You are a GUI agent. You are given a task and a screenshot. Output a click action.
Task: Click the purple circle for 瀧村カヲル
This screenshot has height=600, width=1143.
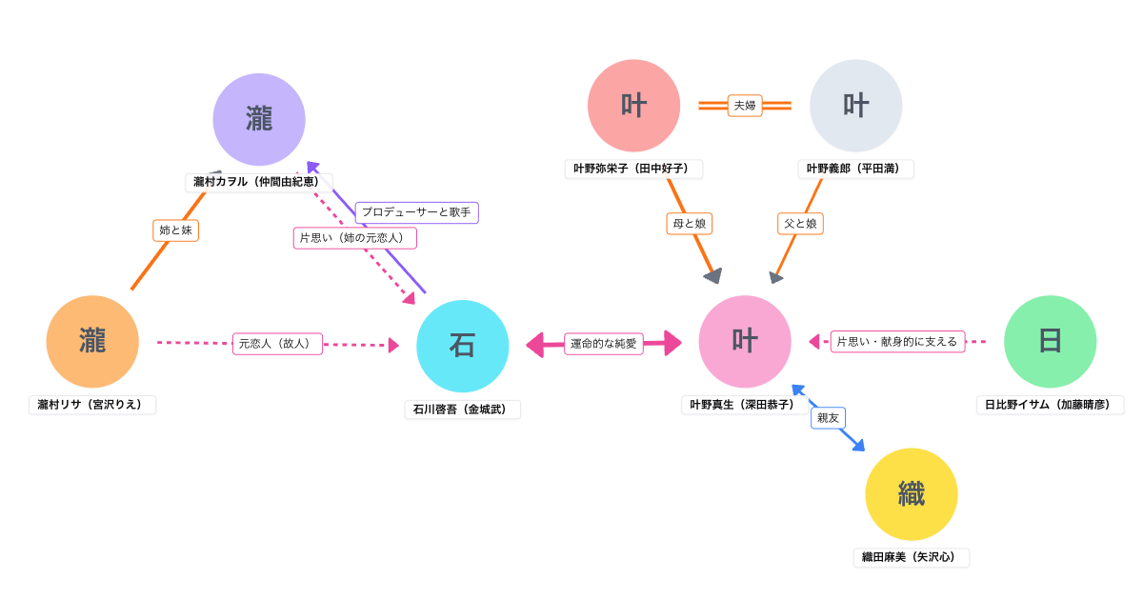[x=259, y=120]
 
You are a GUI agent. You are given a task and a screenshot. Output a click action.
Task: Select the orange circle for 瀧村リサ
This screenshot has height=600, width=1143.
[x=92, y=341]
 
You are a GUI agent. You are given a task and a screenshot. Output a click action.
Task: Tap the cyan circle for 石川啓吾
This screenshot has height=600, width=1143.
[x=463, y=346]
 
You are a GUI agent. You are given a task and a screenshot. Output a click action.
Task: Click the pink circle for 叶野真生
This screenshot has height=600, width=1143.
[x=745, y=342]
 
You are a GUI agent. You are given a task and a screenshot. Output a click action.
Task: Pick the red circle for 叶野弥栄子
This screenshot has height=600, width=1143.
[x=633, y=106]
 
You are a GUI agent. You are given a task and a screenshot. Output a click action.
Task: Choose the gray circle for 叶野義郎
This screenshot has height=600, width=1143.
[x=855, y=106]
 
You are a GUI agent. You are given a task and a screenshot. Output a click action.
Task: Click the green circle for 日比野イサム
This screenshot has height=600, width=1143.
[x=1050, y=342]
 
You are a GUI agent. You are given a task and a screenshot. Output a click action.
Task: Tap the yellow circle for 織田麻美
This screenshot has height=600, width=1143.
[x=911, y=494]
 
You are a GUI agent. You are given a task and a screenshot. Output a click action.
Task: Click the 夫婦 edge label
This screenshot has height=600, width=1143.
[x=744, y=106]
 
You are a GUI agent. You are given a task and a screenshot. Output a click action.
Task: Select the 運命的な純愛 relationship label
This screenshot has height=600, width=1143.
[x=604, y=344]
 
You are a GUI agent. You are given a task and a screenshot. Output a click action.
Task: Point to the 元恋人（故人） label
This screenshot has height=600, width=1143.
[x=277, y=343]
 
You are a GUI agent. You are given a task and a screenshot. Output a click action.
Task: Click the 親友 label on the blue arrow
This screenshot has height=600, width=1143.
[x=828, y=417]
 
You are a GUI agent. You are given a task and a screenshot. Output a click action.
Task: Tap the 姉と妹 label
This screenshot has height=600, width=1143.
[x=176, y=230]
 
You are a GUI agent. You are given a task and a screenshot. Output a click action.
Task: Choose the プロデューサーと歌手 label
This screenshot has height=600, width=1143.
[x=416, y=211]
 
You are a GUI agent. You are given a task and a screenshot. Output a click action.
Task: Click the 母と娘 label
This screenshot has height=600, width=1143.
[x=689, y=224]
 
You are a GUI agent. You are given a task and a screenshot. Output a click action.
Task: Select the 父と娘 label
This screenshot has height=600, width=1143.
[x=800, y=224]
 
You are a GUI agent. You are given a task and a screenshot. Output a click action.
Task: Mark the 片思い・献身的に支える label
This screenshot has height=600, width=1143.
[x=897, y=341]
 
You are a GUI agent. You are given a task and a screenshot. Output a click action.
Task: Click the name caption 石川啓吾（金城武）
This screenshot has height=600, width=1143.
[x=463, y=410]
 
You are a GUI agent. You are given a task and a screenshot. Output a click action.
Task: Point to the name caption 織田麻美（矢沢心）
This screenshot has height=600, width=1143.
[x=911, y=558]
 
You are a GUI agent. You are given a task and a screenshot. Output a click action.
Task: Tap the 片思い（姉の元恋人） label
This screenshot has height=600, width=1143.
[x=354, y=238]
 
